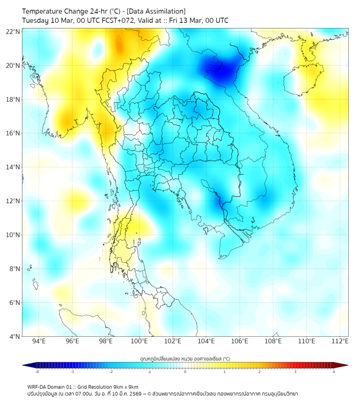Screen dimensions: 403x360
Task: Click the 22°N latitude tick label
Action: click(x=13, y=32)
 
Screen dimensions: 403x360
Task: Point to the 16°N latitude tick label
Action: click(x=13, y=133)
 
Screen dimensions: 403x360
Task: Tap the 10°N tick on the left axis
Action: click(x=13, y=235)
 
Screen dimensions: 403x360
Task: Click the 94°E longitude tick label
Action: click(x=39, y=341)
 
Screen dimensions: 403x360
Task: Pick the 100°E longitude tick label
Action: click(x=139, y=341)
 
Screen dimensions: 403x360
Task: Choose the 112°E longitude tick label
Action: click(x=340, y=341)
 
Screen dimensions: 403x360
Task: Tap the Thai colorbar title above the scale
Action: click(x=185, y=359)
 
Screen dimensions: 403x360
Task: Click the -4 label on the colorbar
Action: click(x=36, y=372)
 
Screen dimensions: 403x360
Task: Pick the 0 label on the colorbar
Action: click(x=185, y=372)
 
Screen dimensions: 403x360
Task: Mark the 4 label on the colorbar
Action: click(x=333, y=372)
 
